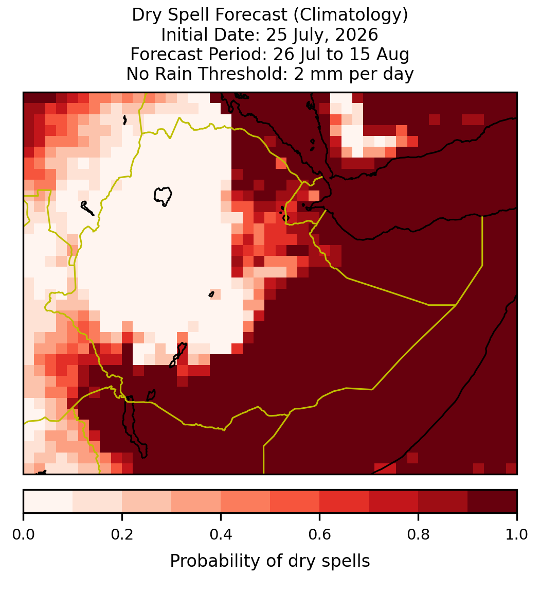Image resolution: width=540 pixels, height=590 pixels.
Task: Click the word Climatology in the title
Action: coord(350,15)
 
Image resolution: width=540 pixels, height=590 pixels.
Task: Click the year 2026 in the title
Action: coord(356,35)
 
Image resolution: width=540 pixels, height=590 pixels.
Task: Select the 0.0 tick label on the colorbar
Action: coord(23,534)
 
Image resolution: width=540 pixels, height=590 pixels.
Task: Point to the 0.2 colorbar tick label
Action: coord(122,534)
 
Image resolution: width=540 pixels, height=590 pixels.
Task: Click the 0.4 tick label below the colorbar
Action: coord(221,534)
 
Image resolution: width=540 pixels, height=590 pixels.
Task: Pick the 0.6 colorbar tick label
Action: coord(319,534)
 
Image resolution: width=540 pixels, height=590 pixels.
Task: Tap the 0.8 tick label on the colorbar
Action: coord(418,534)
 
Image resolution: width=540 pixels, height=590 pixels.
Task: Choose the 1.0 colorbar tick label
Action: coord(517,534)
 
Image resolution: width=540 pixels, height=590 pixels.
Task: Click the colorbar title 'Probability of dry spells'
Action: coord(270,561)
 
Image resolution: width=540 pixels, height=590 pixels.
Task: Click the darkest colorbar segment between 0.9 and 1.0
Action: coord(492,501)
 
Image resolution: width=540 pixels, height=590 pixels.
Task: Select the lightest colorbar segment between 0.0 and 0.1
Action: coord(48,501)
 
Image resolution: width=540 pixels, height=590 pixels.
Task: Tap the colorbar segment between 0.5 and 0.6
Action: coord(295,501)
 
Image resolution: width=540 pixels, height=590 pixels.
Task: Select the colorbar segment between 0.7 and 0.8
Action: coord(393,501)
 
